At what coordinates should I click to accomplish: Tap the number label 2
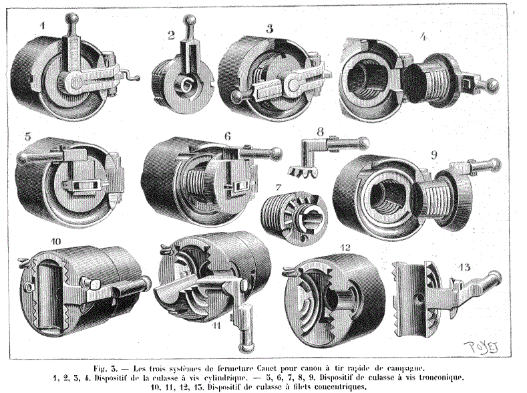172,35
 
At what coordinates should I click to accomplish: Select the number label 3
270,29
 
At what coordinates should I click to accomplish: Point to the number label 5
29,137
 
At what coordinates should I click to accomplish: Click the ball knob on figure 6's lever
277,153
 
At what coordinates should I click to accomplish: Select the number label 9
434,155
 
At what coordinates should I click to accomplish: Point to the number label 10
56,241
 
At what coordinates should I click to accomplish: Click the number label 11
217,325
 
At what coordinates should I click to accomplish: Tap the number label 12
345,248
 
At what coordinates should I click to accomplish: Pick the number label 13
464,267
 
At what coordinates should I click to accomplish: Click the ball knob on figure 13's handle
496,277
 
